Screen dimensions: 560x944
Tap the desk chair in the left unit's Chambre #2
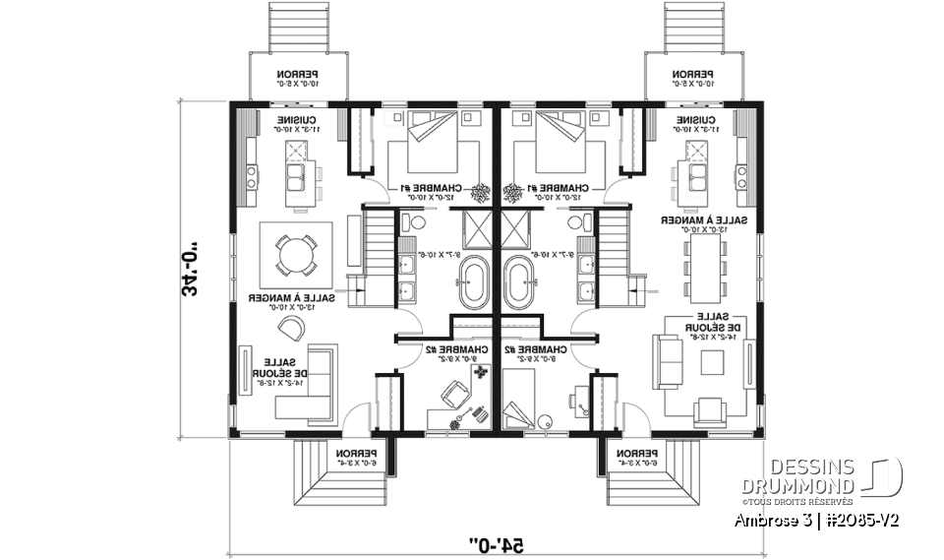453,394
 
